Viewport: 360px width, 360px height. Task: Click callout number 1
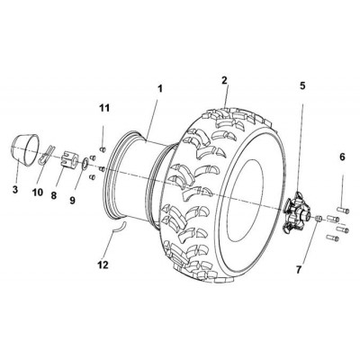pyautogui.click(x=160, y=89)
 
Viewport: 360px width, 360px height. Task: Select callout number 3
pyautogui.click(x=15, y=189)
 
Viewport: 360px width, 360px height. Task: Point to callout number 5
pyautogui.click(x=302, y=85)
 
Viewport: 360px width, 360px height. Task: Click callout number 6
pyautogui.click(x=342, y=157)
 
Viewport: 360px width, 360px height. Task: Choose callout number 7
pyautogui.click(x=298, y=270)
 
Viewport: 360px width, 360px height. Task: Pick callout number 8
pyautogui.click(x=53, y=195)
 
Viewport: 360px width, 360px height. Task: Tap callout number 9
pyautogui.click(x=72, y=200)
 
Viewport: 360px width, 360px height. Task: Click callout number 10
pyautogui.click(x=38, y=193)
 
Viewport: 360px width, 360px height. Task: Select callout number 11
pyautogui.click(x=104, y=108)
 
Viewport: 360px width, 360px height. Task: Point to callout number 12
pyautogui.click(x=103, y=265)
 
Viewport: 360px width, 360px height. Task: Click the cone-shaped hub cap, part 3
pyautogui.click(x=25, y=149)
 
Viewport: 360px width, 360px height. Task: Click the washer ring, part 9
pyautogui.click(x=85, y=163)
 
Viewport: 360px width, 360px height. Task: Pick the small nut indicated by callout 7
pyautogui.click(x=319, y=218)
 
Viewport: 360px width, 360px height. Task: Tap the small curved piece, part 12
pyautogui.click(x=120, y=227)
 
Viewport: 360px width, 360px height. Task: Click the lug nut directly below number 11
pyautogui.click(x=103, y=149)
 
